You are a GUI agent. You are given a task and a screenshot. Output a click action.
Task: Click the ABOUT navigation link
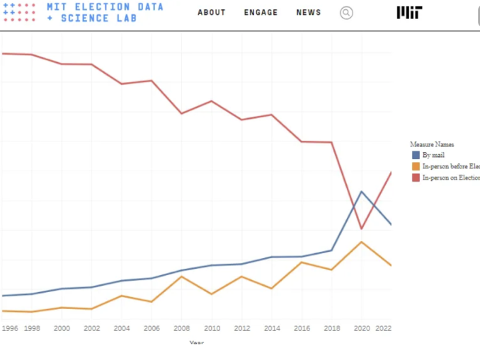[x=211, y=13]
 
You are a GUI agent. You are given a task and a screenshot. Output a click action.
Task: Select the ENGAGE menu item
[x=261, y=13]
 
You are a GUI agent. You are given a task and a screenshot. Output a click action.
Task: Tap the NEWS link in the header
[x=309, y=13]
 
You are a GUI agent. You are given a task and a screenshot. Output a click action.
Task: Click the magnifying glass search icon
[x=346, y=13]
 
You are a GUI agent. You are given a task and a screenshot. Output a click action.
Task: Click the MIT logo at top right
[x=409, y=12]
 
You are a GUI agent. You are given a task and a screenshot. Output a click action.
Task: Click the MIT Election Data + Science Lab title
[x=105, y=12]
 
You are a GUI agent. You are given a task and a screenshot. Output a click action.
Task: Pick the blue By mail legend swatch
[x=416, y=155]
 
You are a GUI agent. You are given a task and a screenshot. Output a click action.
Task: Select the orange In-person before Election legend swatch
[x=416, y=166]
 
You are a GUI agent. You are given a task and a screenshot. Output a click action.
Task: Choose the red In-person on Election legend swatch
[x=416, y=178]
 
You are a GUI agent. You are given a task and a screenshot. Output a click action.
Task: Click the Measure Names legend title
[x=432, y=144]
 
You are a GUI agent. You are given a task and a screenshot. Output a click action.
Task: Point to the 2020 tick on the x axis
[x=361, y=328]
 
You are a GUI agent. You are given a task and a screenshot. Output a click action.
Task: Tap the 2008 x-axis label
[x=182, y=328]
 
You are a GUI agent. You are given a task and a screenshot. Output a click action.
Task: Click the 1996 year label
[x=10, y=328]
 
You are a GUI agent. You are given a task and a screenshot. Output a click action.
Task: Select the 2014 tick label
[x=272, y=328]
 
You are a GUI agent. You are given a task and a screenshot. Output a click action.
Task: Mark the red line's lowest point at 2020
[x=362, y=228]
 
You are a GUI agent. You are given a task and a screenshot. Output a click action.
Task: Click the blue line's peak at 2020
[x=362, y=192]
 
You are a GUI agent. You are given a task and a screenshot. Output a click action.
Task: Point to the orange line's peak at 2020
[x=362, y=242]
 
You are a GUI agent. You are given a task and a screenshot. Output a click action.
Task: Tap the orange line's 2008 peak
[x=182, y=276]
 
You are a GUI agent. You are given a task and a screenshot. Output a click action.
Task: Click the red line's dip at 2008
[x=182, y=113]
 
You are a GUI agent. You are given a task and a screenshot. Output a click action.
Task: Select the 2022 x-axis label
[x=383, y=328]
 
